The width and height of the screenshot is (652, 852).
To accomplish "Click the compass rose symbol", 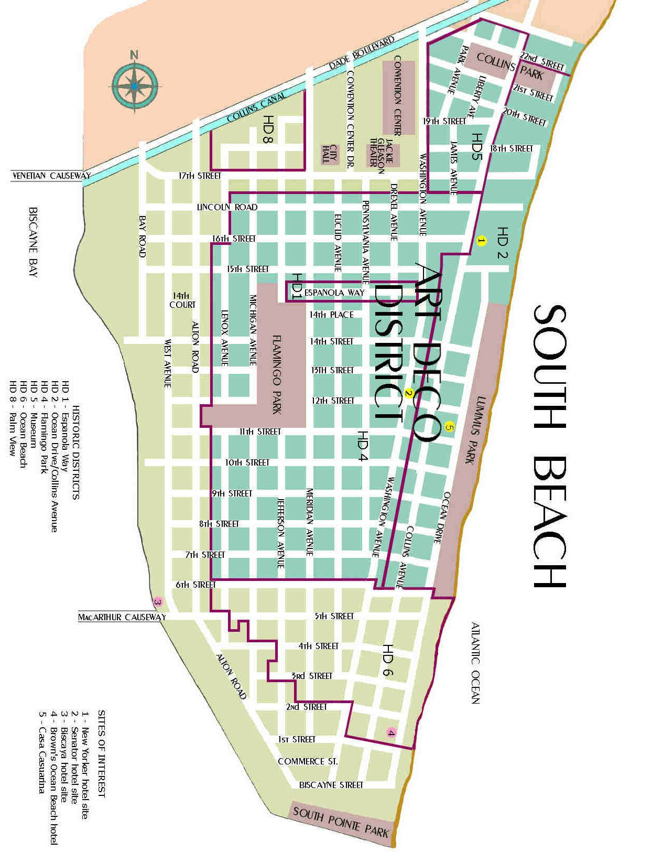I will pos(135,85).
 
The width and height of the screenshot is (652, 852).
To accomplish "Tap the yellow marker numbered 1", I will pos(482,241).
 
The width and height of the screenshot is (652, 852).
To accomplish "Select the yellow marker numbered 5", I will pos(449,427).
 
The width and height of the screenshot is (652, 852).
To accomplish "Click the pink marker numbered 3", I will pos(157,601).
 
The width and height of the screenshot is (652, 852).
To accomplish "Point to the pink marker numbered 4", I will pos(391,732).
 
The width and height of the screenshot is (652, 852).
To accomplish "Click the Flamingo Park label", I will pos(277,374).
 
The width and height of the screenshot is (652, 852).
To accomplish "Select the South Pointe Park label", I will pos(341,822).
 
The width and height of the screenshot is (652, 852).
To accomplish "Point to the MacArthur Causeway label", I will pos(122,617).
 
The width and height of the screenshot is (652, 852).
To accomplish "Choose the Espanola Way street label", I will pos(334,293).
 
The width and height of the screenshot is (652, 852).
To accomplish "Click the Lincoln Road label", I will pos(227,207).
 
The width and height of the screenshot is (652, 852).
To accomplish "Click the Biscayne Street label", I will pos(331,785).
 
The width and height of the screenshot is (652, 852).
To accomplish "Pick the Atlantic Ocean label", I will pos(475,663).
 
